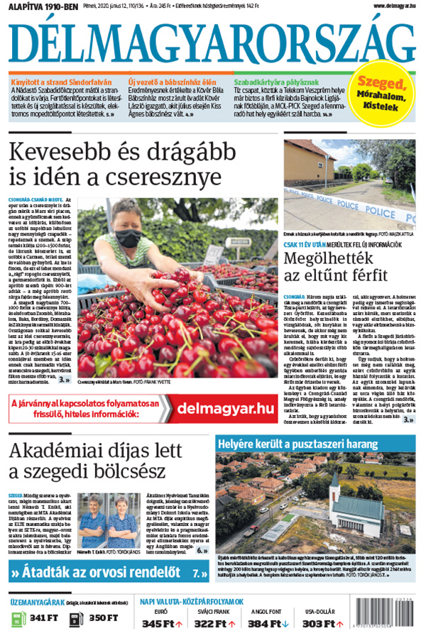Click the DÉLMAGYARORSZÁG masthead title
point(212,42)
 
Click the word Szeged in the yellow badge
point(381,84)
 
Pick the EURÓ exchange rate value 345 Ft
point(158,623)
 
